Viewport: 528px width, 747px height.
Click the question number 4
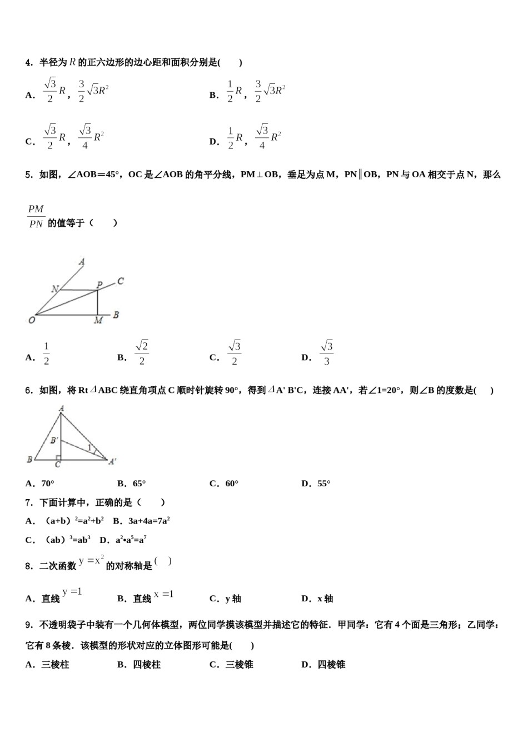[29, 63]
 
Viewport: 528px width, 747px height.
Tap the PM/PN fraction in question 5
[36, 216]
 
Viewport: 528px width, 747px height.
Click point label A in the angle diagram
[82, 261]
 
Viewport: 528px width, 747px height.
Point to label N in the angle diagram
[55, 288]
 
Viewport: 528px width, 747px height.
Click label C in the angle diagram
[121, 281]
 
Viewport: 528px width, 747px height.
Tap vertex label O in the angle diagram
[32, 320]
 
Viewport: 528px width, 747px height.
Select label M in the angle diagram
[98, 321]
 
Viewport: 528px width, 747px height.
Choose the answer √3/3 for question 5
[326, 353]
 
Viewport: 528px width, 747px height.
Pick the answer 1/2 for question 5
[46, 353]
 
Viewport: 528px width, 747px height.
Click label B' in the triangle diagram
[54, 440]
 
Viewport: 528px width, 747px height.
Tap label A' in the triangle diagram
[112, 461]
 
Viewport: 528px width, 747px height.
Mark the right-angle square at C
[58, 457]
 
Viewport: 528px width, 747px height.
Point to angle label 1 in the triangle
[89, 447]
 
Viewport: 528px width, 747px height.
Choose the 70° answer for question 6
[47, 484]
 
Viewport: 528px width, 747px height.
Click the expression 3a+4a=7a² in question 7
[148, 521]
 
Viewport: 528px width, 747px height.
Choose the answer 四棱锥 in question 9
[331, 664]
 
